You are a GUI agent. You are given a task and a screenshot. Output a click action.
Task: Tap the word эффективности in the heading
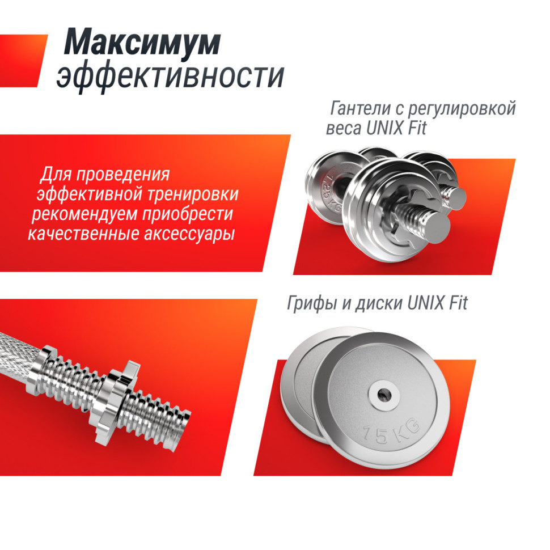point(170,77)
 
